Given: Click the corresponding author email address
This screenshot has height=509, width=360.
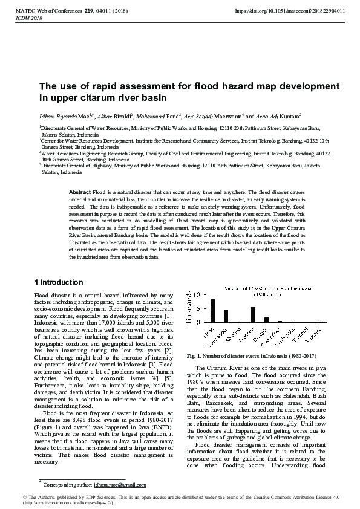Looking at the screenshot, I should [120, 485].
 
